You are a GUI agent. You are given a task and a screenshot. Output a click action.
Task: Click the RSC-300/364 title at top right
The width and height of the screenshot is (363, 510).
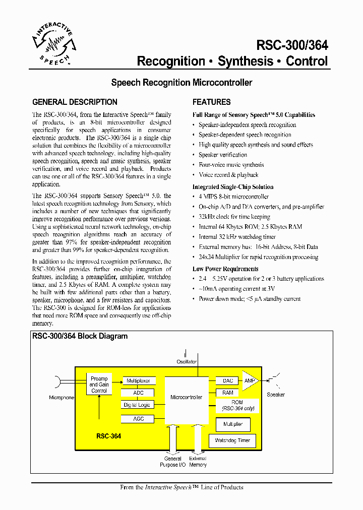click(x=292, y=45)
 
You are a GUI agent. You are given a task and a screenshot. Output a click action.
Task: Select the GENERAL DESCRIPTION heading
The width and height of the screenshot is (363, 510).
click(x=75, y=102)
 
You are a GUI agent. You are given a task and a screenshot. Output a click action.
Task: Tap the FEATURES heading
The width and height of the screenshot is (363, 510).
click(x=211, y=102)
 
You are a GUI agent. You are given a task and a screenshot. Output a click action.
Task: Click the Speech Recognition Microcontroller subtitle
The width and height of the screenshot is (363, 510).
click(x=181, y=82)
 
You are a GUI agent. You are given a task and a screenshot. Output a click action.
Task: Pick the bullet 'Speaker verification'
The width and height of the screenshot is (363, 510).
click(x=222, y=155)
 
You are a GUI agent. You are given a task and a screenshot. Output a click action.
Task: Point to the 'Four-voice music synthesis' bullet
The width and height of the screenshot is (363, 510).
click(x=231, y=165)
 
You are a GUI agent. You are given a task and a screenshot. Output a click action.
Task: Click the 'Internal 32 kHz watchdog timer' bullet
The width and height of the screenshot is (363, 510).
click(x=237, y=237)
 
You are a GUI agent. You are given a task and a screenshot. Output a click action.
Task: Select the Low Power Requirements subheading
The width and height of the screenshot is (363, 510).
click(x=225, y=269)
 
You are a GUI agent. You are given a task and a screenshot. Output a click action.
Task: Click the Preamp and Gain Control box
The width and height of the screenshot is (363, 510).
click(x=99, y=385)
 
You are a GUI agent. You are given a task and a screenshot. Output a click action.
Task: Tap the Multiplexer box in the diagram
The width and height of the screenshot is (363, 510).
click(x=138, y=381)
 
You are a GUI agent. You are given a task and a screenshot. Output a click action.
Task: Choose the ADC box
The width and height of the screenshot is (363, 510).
click(x=138, y=393)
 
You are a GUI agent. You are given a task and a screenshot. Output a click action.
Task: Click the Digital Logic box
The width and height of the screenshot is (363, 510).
click(x=138, y=405)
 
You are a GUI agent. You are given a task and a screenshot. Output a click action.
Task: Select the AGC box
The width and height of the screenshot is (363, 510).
click(x=138, y=418)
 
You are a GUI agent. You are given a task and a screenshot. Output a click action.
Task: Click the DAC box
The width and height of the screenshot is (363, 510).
click(x=227, y=381)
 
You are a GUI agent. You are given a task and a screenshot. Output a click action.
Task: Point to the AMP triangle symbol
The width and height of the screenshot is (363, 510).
click(x=250, y=381)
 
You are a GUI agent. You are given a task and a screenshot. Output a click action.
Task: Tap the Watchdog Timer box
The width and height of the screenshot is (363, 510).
click(x=232, y=440)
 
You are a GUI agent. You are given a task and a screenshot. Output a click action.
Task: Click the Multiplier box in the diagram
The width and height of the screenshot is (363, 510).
click(x=232, y=424)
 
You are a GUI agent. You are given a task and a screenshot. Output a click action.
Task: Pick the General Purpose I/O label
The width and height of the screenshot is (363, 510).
click(x=172, y=462)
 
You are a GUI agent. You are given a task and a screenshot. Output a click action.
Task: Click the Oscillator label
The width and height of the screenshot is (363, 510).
click(x=186, y=362)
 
